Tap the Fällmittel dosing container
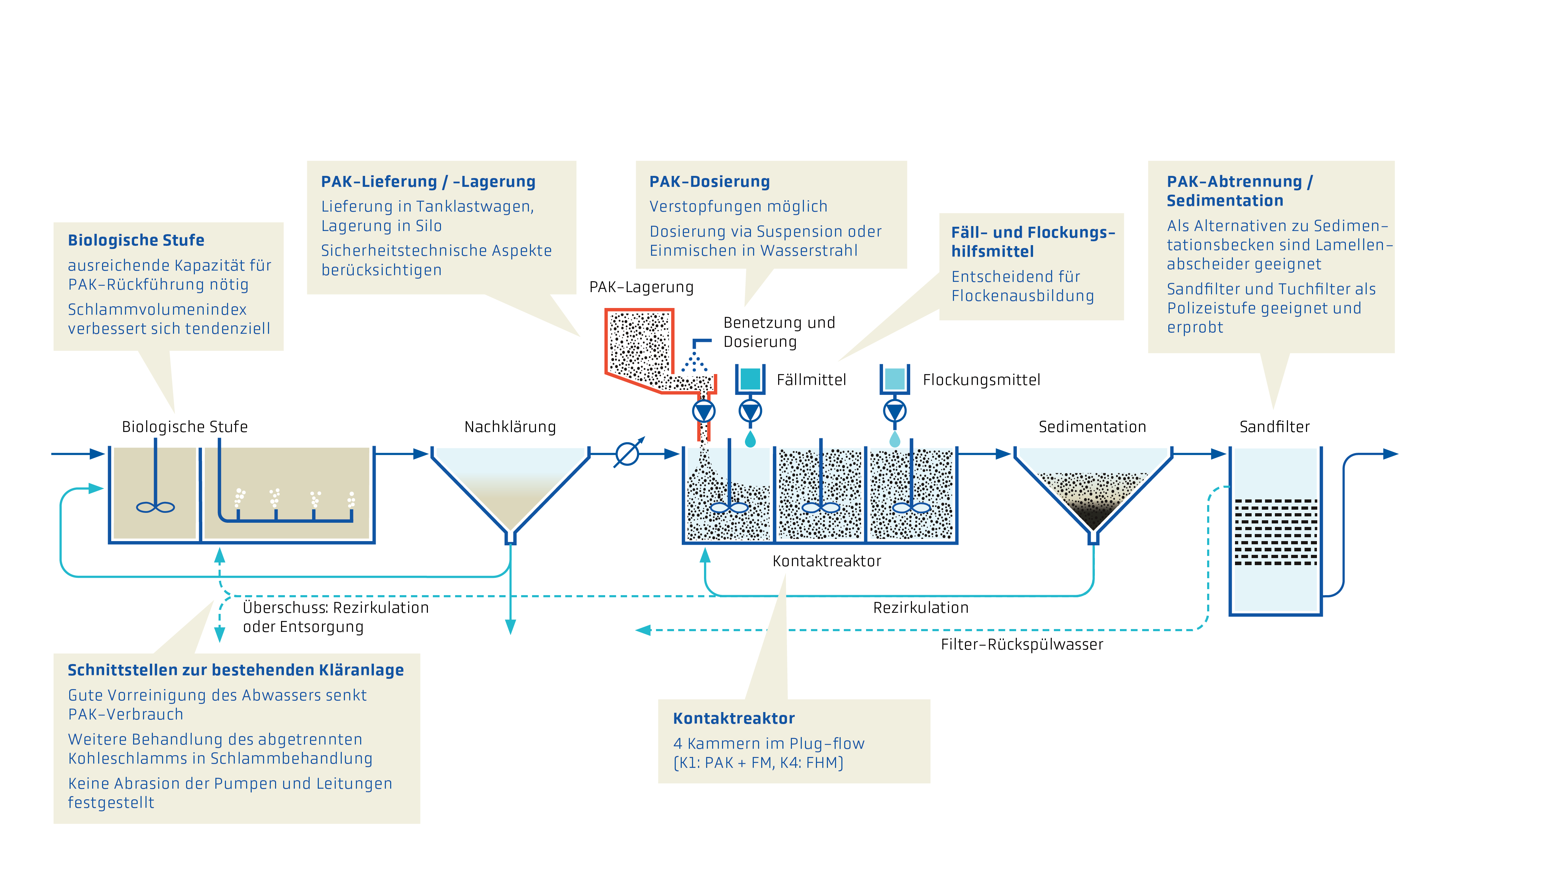coord(750,379)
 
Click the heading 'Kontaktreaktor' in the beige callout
coord(733,719)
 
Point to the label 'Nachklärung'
coord(510,427)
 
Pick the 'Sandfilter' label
coord(1274,427)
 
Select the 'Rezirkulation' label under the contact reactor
coord(920,608)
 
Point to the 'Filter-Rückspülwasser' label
coord(1021,645)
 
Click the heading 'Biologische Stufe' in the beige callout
coord(136,240)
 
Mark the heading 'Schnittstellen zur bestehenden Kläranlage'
coord(235,670)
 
